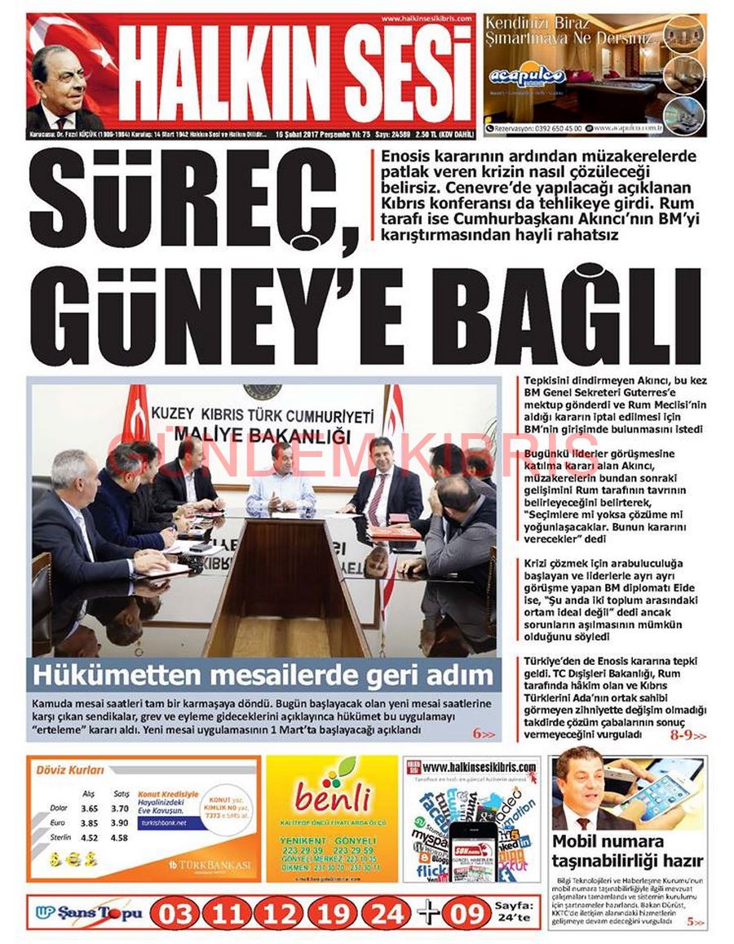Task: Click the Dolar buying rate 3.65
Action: tap(89, 808)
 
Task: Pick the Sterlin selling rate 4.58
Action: tap(119, 837)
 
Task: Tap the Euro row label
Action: tap(57, 822)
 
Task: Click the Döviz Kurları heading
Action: tap(70, 769)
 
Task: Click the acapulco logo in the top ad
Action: tap(527, 77)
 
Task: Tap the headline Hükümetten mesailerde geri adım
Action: tap(264, 676)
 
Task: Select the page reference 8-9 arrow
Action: tap(687, 734)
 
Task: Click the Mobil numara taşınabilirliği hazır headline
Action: tap(628, 850)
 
